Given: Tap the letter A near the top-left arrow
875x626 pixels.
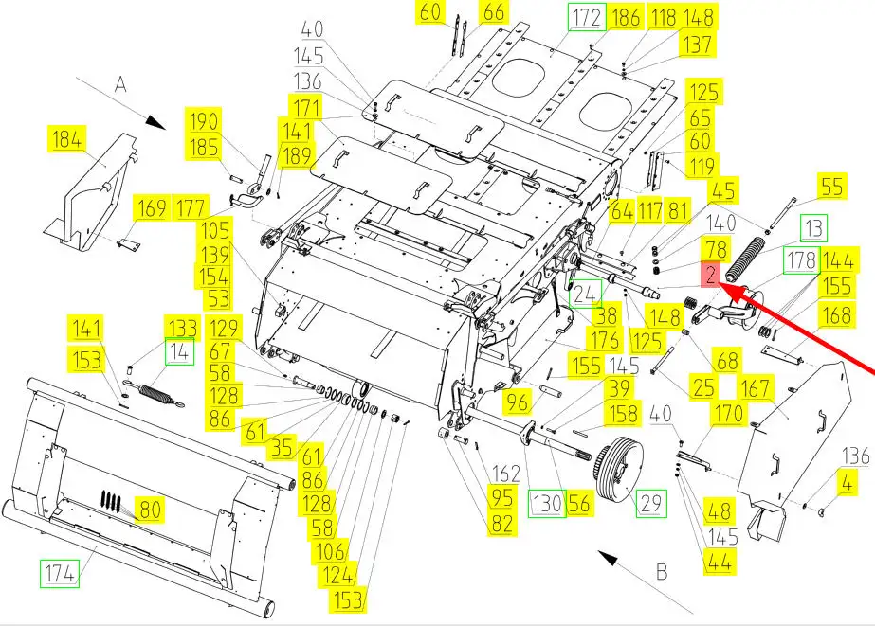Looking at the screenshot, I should pyautogui.click(x=120, y=83).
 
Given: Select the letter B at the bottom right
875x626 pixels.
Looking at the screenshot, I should pyautogui.click(x=661, y=572).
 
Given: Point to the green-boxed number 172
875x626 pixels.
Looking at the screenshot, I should pyautogui.click(x=584, y=17).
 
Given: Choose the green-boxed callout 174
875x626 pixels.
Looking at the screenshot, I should pyautogui.click(x=57, y=573).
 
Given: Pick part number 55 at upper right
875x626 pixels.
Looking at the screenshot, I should pyautogui.click(x=831, y=187).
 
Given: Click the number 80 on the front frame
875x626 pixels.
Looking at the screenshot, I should pyautogui.click(x=148, y=510).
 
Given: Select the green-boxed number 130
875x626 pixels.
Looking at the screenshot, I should pyautogui.click(x=547, y=504).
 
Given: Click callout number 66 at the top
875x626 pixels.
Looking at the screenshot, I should pyautogui.click(x=494, y=12).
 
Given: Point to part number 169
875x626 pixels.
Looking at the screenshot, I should pyautogui.click(x=151, y=207).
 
